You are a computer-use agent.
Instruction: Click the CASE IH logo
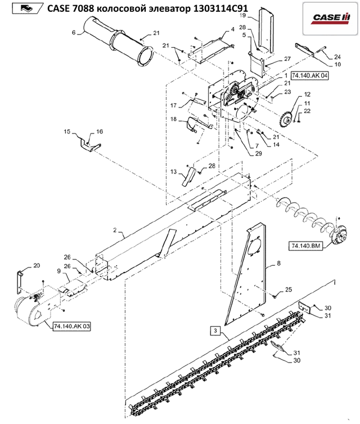tap(331, 18)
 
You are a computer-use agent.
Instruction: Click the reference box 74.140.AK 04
tap(310, 75)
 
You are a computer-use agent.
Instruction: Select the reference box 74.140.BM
tap(305, 246)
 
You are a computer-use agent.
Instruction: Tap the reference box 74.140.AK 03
tap(71, 327)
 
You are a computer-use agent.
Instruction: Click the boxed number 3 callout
tap(215, 331)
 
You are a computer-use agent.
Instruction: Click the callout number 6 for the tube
tap(74, 33)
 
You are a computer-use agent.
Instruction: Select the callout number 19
tap(242, 15)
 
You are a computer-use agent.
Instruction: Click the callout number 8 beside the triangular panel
tap(278, 263)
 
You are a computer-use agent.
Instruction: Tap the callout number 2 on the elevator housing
tap(115, 230)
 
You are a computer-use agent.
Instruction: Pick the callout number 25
tap(289, 289)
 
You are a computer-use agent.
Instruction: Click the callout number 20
tap(37, 266)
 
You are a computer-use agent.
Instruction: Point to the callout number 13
tap(173, 171)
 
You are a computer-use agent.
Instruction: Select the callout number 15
tap(67, 132)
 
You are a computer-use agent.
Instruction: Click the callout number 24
tap(337, 57)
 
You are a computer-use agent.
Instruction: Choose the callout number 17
tap(173, 105)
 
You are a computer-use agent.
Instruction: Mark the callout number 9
tap(59, 270)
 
